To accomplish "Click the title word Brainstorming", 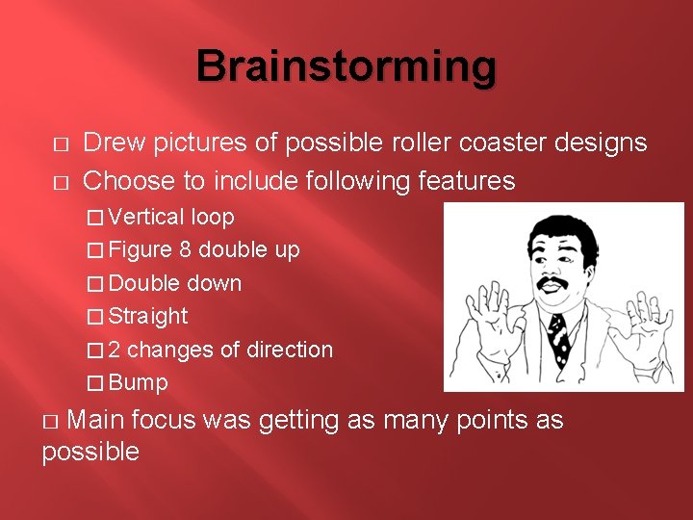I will [346, 67].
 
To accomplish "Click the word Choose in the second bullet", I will [126, 180].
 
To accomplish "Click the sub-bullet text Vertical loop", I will [171, 217].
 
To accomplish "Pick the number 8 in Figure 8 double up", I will [185, 250].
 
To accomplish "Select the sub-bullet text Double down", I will [175, 283].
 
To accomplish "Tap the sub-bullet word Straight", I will [148, 316].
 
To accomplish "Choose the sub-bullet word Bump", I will [139, 382].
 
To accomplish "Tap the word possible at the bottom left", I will [90, 452].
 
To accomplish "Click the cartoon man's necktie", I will [558, 337].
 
